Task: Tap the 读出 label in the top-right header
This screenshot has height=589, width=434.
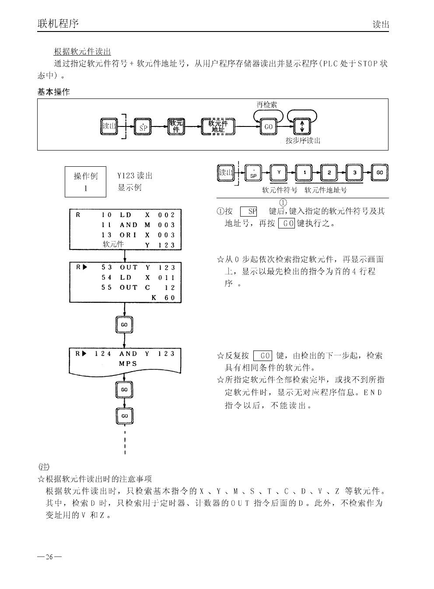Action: (x=380, y=25)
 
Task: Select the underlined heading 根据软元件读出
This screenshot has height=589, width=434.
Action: (x=82, y=52)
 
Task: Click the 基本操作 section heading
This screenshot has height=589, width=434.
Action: (x=53, y=92)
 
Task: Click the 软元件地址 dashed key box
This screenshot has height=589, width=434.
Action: (x=218, y=126)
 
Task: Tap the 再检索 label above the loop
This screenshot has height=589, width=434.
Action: (x=266, y=105)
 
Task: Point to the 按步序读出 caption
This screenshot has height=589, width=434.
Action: (x=303, y=141)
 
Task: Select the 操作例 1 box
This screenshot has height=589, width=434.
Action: (x=86, y=182)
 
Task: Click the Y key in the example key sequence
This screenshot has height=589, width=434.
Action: (x=279, y=172)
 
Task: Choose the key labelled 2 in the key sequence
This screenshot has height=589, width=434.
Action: (x=329, y=172)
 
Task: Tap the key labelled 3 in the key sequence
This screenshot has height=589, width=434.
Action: (x=355, y=172)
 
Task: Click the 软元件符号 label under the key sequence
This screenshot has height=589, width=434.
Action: (x=280, y=190)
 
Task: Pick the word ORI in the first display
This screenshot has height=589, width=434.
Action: (x=128, y=235)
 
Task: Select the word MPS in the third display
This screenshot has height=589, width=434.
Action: (x=128, y=364)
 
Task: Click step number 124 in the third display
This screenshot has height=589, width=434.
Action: (x=103, y=354)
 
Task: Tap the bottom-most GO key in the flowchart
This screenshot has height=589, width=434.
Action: (x=124, y=416)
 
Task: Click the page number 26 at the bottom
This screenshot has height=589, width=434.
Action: (x=49, y=557)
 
